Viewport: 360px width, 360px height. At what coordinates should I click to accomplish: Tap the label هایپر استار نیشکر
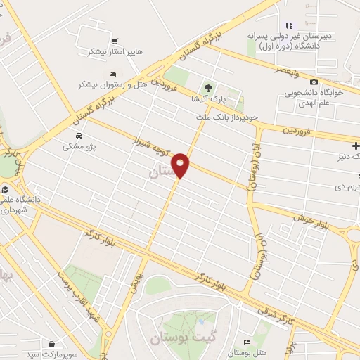[x=107, y=52]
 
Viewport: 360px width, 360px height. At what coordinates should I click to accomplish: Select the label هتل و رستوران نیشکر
[x=108, y=84]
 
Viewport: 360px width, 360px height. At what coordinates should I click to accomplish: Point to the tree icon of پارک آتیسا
[x=207, y=88]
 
